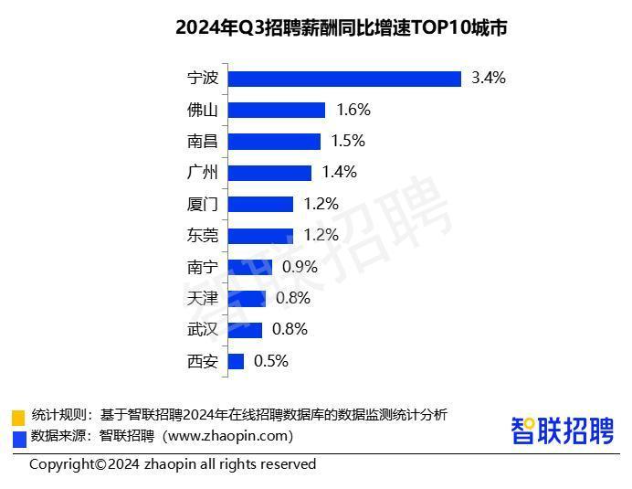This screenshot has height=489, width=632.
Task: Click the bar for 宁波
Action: [344, 79]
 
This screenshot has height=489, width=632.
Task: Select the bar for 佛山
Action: [277, 110]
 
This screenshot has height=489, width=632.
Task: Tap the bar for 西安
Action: [236, 361]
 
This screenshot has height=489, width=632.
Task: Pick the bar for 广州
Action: [269, 173]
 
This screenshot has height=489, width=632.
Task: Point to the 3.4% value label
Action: [489, 79]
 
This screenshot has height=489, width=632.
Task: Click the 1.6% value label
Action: [353, 110]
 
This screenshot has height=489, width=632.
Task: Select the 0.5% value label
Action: [271, 361]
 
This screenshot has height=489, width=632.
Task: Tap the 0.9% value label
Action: [300, 267]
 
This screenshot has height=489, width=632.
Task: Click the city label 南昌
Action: [202, 142]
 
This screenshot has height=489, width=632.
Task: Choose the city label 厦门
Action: [202, 204]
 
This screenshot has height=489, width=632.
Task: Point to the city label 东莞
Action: [202, 236]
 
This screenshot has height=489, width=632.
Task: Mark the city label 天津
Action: [202, 298]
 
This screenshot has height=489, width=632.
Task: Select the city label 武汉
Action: [202, 330]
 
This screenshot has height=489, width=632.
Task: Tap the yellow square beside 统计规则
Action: [18, 417]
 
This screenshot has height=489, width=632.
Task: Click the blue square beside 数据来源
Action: [18, 438]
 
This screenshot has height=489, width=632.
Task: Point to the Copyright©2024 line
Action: [173, 464]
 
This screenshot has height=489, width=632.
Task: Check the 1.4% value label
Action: [340, 173]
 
